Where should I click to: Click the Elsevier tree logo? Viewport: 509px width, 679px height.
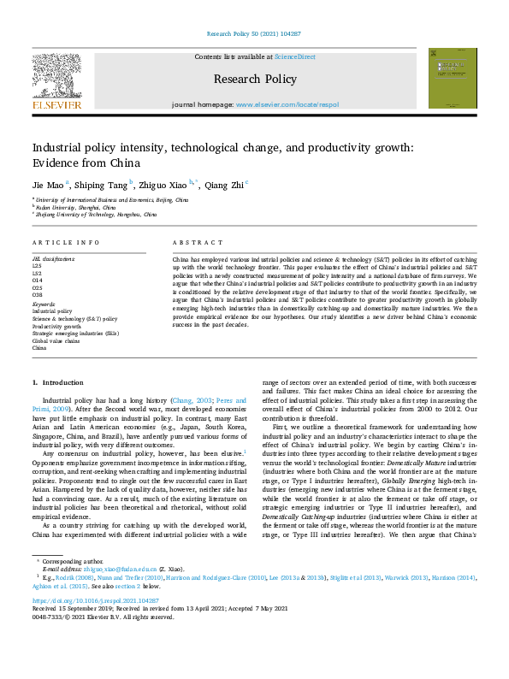[57, 78]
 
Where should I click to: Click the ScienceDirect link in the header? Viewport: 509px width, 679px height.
[295, 56]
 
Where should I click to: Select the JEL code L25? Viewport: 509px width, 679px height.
[38, 264]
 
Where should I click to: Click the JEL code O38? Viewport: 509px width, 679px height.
[38, 295]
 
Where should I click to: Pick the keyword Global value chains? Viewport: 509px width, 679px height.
[56, 341]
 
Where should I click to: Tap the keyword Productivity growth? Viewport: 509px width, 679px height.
[56, 326]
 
